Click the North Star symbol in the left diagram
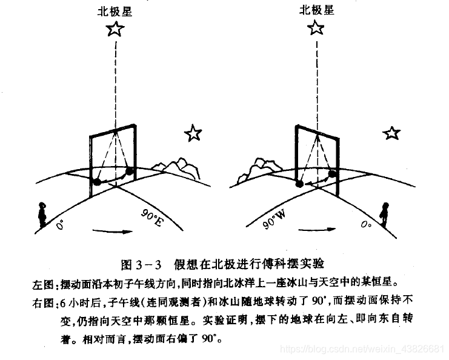pos(115,29)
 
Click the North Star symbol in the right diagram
pos(316,28)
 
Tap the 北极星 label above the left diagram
pos(115,11)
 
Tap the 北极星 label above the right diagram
pos(316,10)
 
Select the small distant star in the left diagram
pos(193,133)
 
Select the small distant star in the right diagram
pos(391,133)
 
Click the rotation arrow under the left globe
pos(113,231)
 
